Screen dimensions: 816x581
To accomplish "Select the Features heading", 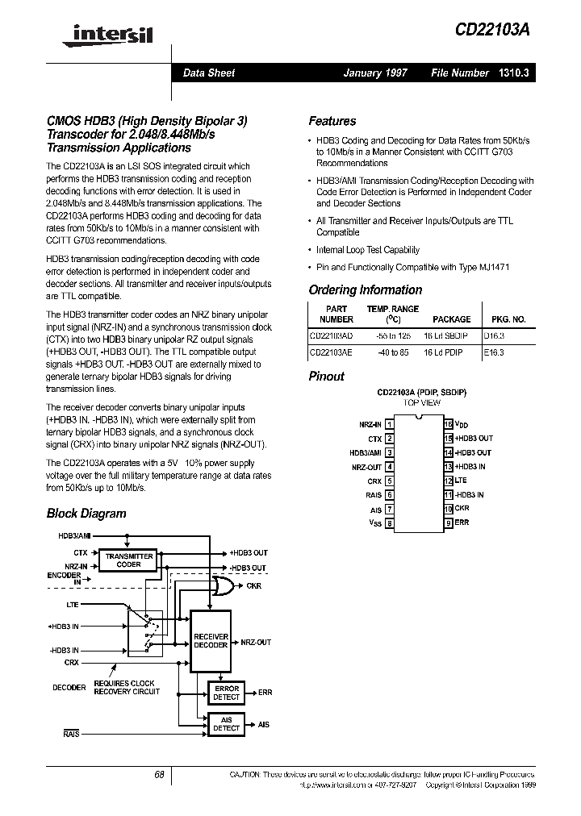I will [x=332, y=121].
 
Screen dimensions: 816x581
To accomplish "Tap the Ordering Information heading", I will [x=365, y=290].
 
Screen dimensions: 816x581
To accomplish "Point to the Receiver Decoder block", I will [x=211, y=641].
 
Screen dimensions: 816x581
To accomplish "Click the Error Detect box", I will [x=227, y=693].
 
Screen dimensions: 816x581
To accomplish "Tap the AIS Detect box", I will [x=227, y=723].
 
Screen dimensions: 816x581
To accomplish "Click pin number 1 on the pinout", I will [x=390, y=423].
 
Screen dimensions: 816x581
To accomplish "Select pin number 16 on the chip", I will [x=448, y=423].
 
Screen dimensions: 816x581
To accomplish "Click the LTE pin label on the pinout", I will [x=461, y=481].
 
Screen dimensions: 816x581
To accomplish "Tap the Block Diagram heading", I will [x=86, y=513].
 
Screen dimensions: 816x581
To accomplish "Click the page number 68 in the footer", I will [x=159, y=774].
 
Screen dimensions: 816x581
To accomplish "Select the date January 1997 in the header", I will [x=375, y=73].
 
